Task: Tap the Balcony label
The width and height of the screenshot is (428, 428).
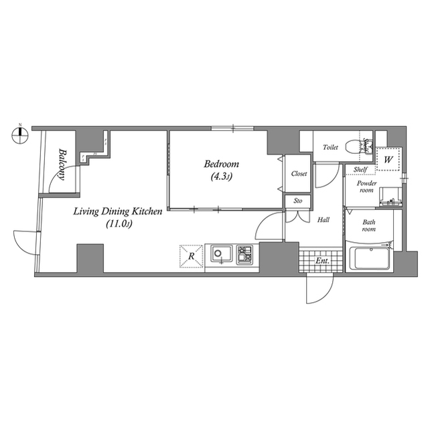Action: [x=62, y=165]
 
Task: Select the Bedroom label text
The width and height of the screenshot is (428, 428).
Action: [x=222, y=164]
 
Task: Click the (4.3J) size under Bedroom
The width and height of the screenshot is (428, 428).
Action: [x=222, y=177]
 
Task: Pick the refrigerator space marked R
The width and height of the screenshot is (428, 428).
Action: [x=192, y=256]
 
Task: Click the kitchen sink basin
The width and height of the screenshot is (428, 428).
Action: [x=221, y=254]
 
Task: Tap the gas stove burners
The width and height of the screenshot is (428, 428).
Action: [x=244, y=254]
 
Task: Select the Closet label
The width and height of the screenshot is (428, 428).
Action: [x=299, y=174]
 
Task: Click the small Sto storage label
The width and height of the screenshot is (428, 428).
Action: [x=298, y=201]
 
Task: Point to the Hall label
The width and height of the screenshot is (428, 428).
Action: [x=323, y=220]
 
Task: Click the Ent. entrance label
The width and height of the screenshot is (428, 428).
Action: [x=322, y=261]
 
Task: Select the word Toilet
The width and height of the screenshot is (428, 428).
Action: [x=330, y=147]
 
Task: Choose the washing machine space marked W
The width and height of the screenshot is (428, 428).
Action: [x=388, y=159]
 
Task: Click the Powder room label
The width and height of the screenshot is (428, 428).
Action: [x=366, y=187]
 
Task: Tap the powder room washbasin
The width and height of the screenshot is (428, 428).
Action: [x=390, y=197]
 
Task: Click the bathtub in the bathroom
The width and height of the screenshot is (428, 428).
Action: [x=370, y=257]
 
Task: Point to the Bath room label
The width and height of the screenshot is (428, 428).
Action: [x=368, y=226]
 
